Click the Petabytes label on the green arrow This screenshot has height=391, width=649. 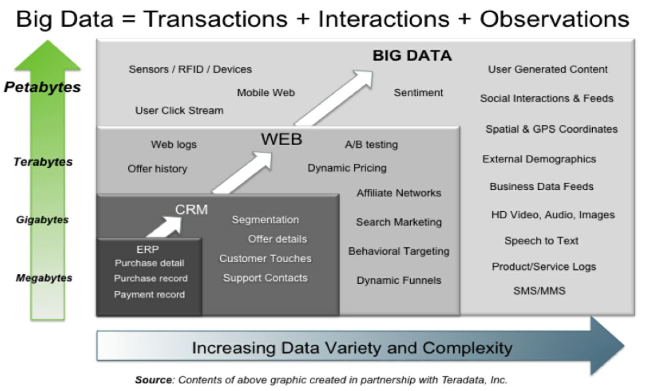pyautogui.click(x=42, y=87)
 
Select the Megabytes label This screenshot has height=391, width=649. pyautogui.click(x=44, y=278)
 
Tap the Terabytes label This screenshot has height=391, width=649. pyautogui.click(x=43, y=162)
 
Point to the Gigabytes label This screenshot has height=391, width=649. pyautogui.click(x=42, y=220)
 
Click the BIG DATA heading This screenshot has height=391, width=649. pyautogui.click(x=412, y=55)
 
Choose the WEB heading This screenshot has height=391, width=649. pyautogui.click(x=281, y=139)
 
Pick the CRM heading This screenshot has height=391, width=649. pyautogui.click(x=192, y=210)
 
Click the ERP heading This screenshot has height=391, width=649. pyautogui.click(x=147, y=250)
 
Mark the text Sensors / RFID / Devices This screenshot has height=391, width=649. pyautogui.click(x=190, y=69)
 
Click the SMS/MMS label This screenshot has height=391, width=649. pyautogui.click(x=539, y=291)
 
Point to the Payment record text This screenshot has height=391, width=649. pyautogui.click(x=149, y=295)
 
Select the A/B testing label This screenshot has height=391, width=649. pyautogui.click(x=371, y=145)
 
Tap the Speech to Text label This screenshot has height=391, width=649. pyautogui.click(x=541, y=241)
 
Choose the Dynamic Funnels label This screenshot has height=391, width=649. pyautogui.click(x=399, y=280)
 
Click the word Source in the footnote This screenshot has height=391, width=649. pyautogui.click(x=154, y=380)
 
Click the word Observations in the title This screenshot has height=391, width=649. pyautogui.click(x=554, y=19)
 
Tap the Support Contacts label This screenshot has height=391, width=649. pyautogui.click(x=265, y=278)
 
